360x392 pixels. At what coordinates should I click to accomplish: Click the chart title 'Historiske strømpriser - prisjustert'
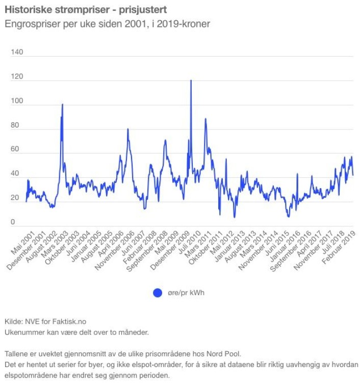click(x=85, y=10)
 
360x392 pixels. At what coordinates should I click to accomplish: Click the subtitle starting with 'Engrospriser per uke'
click(x=107, y=24)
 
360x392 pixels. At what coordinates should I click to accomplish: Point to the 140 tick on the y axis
click(x=17, y=53)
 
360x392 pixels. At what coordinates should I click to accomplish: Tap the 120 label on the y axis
click(x=17, y=77)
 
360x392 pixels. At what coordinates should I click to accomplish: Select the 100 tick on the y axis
click(x=17, y=101)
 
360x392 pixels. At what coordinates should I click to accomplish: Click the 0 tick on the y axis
click(x=13, y=222)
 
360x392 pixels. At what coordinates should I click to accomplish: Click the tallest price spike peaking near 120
click(x=191, y=81)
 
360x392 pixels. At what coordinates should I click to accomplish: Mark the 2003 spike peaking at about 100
click(x=62, y=105)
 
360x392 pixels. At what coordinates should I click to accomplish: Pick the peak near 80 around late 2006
click(x=128, y=129)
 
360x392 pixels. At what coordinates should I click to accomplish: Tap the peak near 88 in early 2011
click(x=205, y=119)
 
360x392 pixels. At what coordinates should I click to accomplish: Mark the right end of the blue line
click(x=353, y=175)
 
